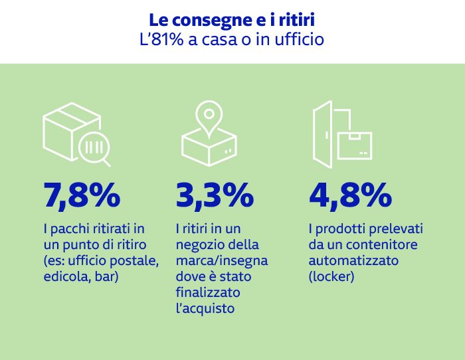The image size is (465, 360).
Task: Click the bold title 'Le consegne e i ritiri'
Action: coord(232,19)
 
